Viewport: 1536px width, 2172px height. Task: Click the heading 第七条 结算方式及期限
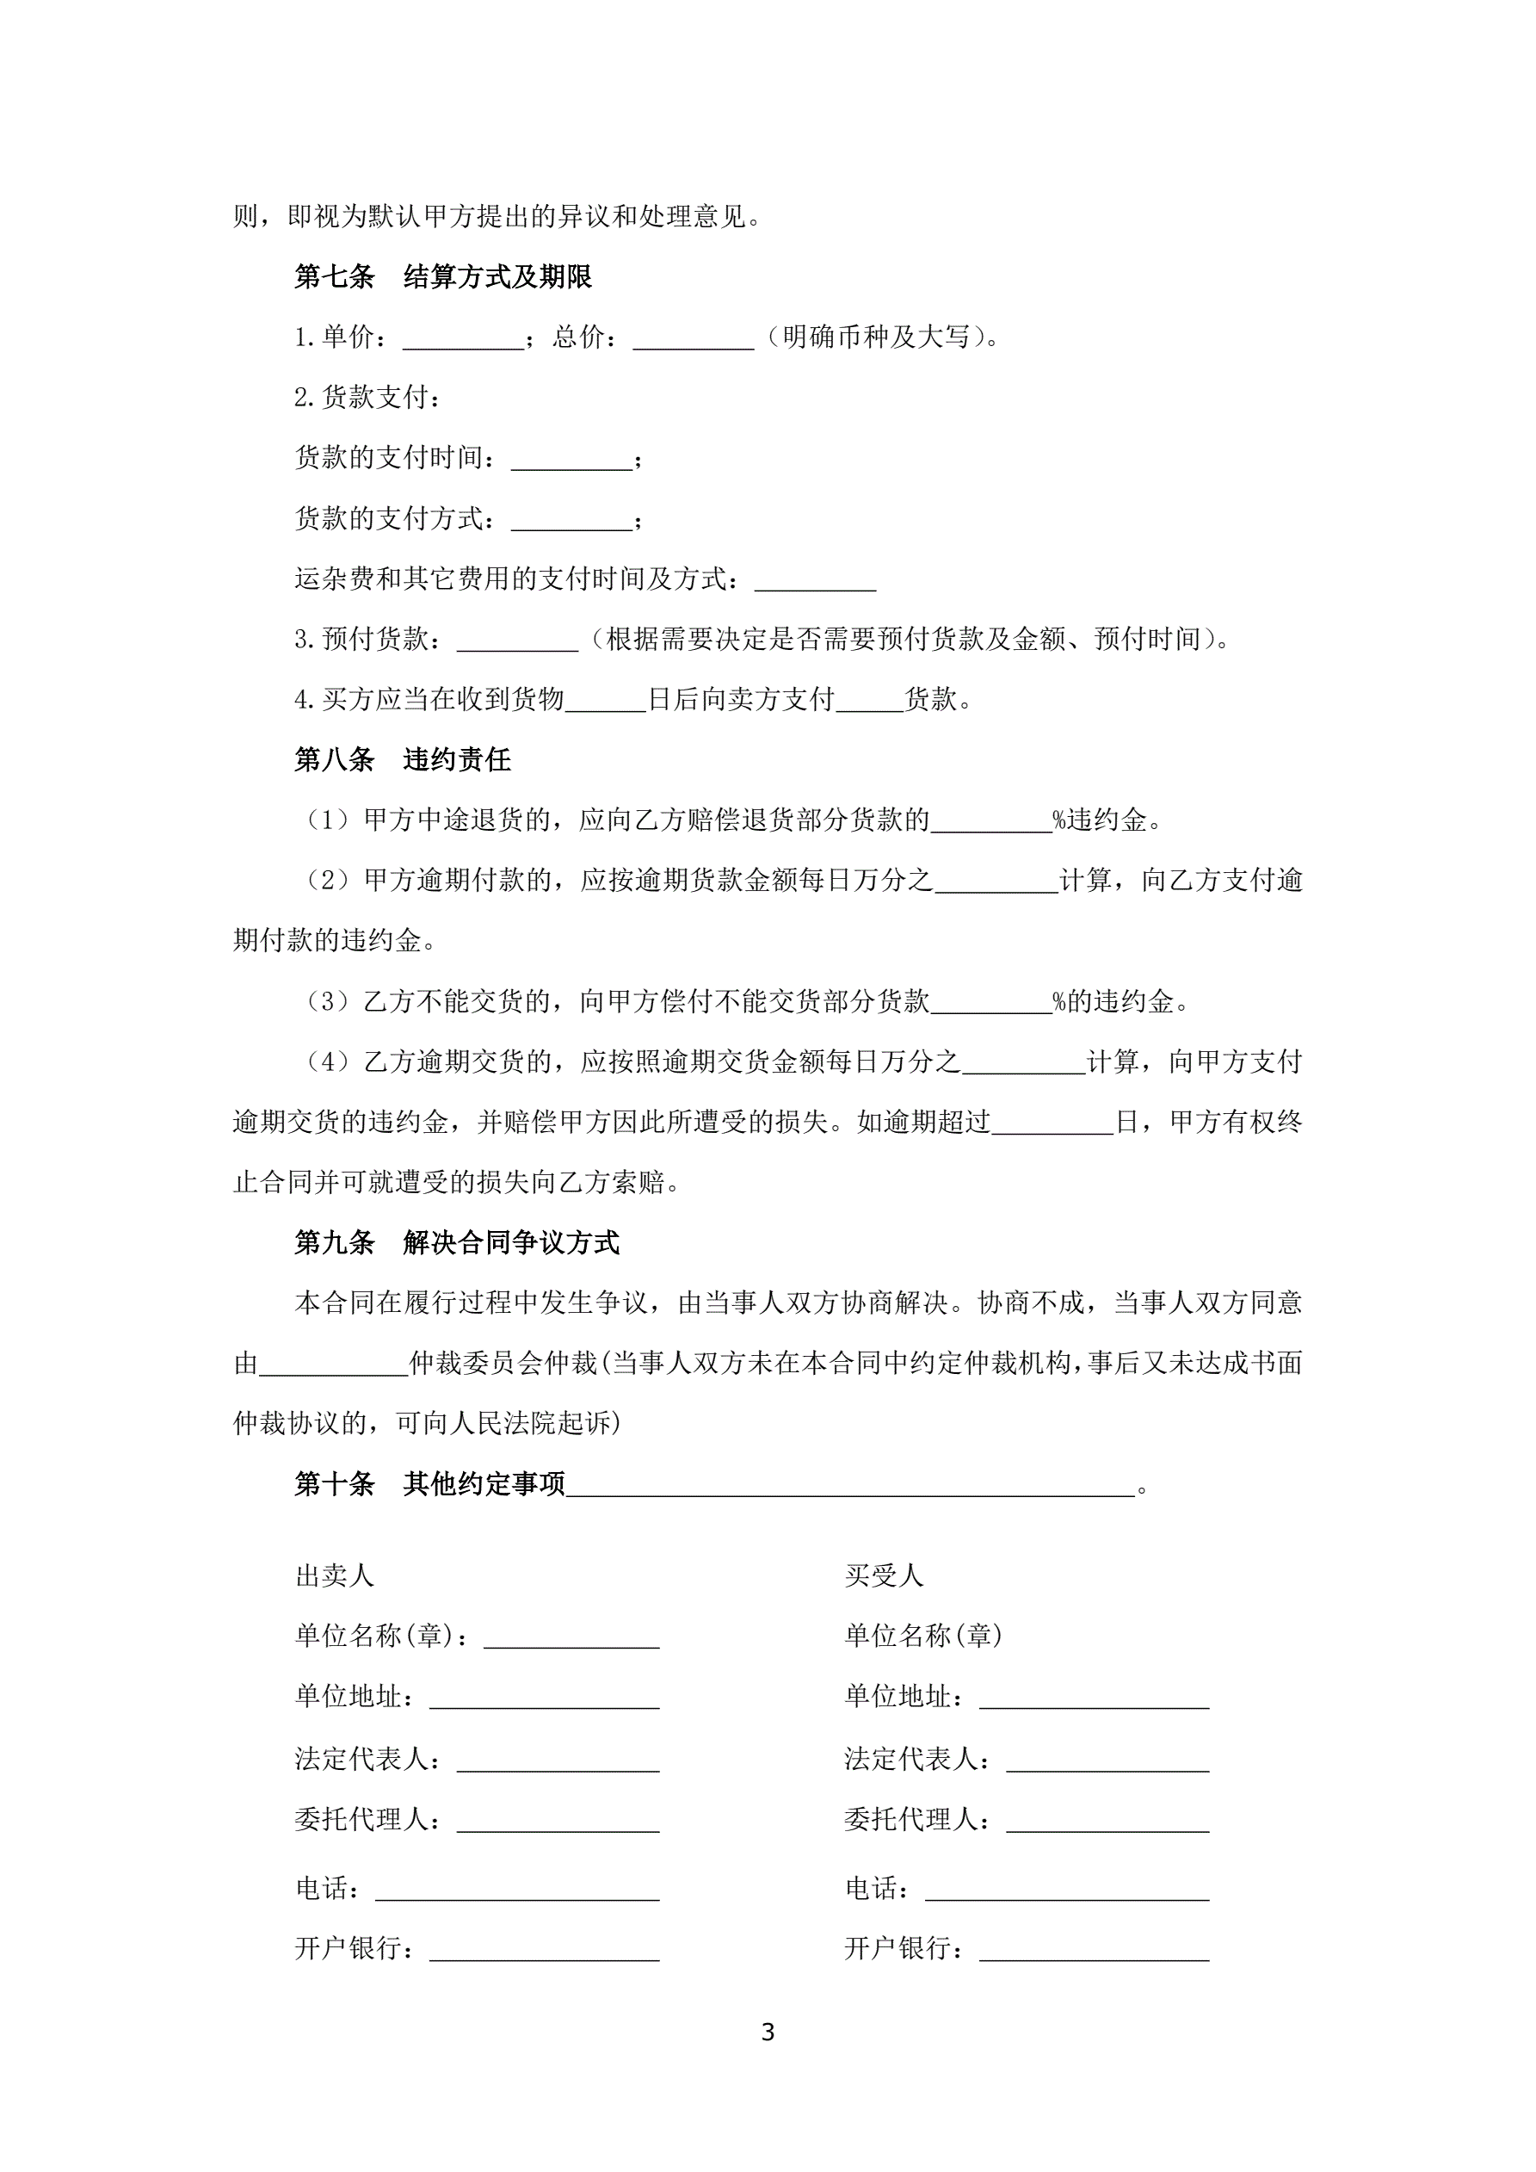coord(442,277)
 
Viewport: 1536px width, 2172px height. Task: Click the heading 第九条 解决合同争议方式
coord(457,1243)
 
